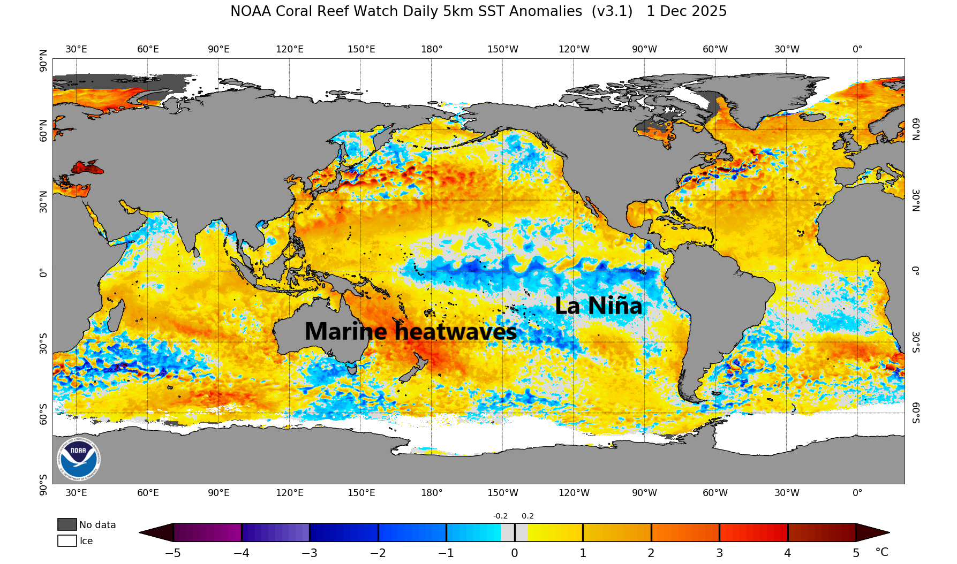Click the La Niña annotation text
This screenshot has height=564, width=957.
point(598,306)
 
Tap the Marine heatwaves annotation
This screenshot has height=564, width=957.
point(410,332)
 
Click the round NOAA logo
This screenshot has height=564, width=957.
point(78,459)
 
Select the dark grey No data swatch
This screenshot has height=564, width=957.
point(67,524)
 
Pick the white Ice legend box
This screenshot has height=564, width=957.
point(67,540)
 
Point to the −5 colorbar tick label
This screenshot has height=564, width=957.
point(172,553)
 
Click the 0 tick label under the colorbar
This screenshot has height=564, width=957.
point(514,553)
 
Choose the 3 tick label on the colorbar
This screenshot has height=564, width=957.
point(719,553)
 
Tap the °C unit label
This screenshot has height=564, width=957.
point(881,552)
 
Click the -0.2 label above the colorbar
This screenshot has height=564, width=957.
point(500,516)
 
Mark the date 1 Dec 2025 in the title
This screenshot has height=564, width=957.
point(687,11)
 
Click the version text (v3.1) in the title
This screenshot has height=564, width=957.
point(612,11)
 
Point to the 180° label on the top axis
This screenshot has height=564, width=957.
point(432,49)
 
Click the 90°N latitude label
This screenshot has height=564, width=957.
point(43,60)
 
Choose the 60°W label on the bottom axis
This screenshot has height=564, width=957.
point(715,493)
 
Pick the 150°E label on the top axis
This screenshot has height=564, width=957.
point(361,49)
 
